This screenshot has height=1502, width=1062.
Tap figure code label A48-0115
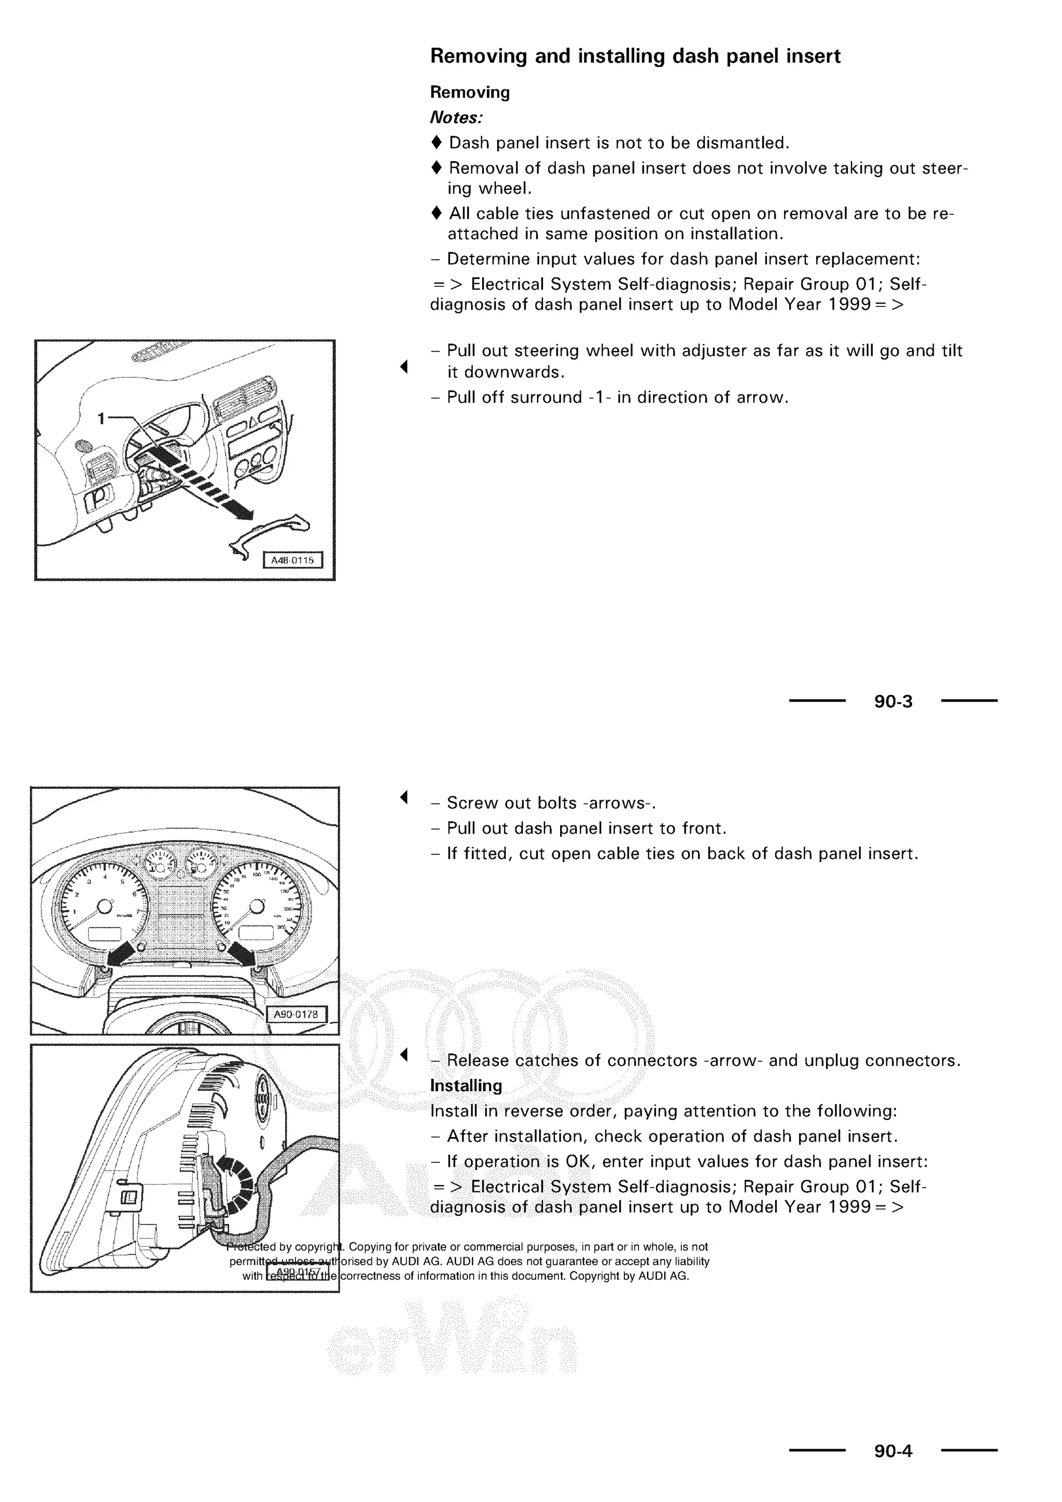pos(292,560)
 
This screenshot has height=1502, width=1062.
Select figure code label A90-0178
pos(296,1014)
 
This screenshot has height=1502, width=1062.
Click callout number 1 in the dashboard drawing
pos(101,418)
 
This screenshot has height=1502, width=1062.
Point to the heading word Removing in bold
pos(469,92)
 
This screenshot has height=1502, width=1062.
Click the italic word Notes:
pos(456,118)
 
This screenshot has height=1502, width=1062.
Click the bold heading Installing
pos(466,1086)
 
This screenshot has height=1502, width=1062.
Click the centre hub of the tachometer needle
pos(104,907)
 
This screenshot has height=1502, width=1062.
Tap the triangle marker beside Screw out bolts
pos(404,798)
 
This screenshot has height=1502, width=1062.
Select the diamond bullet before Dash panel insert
pos(437,143)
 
